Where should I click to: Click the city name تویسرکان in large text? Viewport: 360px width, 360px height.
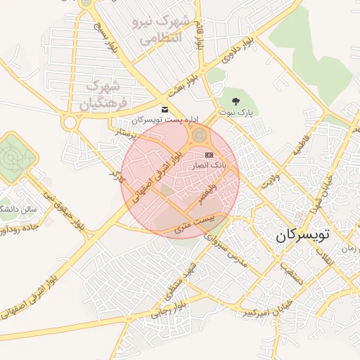302,236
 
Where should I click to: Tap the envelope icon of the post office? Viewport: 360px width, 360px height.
165,110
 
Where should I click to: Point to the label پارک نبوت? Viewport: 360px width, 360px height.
242,112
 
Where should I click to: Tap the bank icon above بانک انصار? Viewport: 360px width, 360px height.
209,155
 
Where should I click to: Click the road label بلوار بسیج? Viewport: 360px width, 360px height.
103,37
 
